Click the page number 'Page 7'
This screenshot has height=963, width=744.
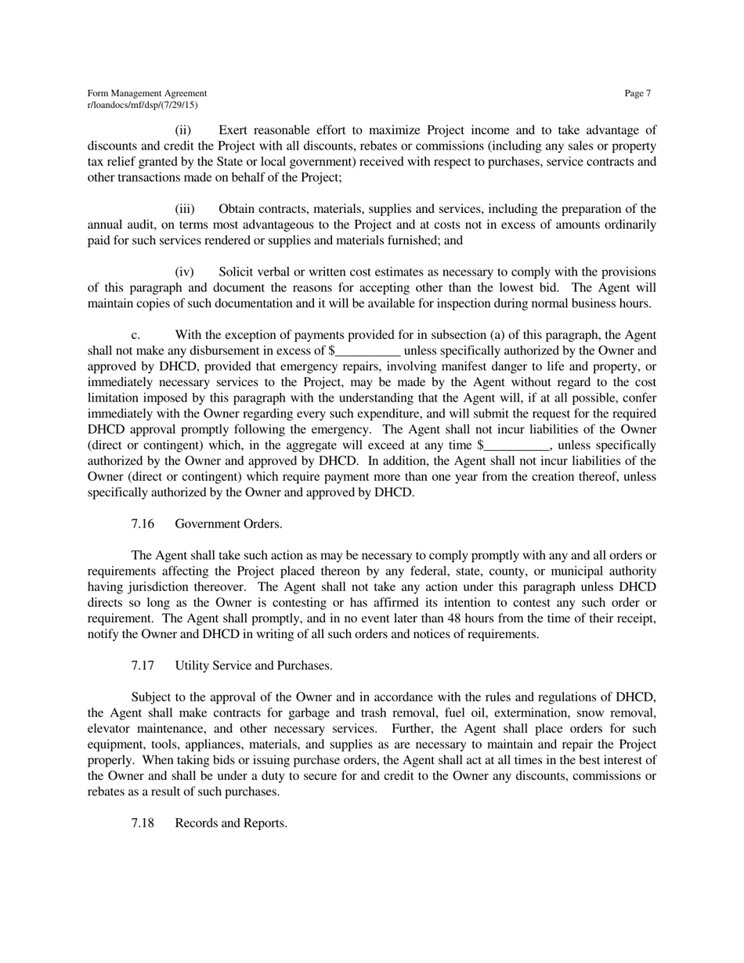point(637,93)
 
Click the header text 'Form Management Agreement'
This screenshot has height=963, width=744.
point(147,93)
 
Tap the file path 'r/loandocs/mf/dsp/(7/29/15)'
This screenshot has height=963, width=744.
point(143,104)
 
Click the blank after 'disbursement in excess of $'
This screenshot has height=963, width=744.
point(368,351)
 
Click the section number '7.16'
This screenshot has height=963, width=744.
point(143,524)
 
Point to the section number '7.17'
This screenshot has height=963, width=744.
point(143,665)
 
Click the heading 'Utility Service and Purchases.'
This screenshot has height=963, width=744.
point(254,665)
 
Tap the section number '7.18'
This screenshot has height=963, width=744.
point(143,823)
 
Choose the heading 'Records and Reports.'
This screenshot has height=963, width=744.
point(231,823)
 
